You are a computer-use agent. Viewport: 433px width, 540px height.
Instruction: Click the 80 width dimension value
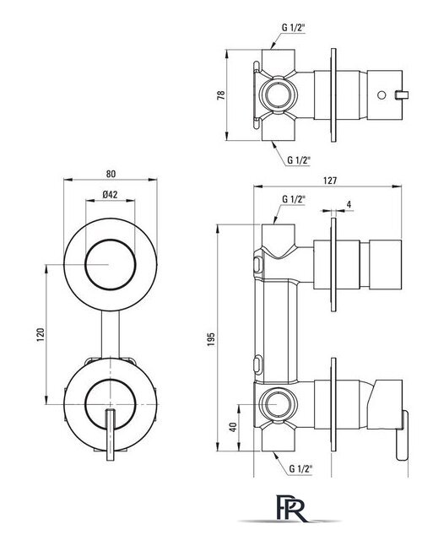click(111, 174)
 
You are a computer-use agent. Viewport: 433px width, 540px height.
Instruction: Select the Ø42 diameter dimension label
click(110, 195)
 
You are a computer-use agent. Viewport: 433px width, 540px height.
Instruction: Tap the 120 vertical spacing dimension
click(41, 335)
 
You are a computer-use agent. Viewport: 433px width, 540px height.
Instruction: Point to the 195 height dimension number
click(211, 339)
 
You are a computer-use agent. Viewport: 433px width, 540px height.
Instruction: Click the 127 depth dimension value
click(330, 181)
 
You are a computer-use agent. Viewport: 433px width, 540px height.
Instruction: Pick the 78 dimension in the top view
click(221, 95)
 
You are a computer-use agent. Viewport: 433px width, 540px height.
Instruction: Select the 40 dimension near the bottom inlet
click(233, 428)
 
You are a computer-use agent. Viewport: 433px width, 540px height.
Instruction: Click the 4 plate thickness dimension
click(349, 204)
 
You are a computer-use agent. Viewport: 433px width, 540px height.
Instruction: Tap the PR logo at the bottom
click(291, 508)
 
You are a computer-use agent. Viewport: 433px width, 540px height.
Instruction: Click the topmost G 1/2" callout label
click(294, 28)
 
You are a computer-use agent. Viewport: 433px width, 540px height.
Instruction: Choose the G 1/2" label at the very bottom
click(300, 468)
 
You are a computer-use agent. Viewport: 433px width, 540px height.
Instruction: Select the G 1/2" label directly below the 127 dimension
click(294, 199)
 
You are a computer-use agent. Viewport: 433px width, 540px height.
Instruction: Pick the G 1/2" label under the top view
click(299, 159)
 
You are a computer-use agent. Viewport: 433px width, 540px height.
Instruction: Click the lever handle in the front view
click(110, 435)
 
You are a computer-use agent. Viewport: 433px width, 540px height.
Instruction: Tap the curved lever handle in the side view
click(402, 435)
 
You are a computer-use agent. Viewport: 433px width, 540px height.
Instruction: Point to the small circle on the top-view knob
click(382, 94)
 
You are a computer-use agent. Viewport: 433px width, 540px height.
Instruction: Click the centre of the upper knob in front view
click(111, 264)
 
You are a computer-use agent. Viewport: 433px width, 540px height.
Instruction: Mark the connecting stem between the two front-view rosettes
click(111, 335)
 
